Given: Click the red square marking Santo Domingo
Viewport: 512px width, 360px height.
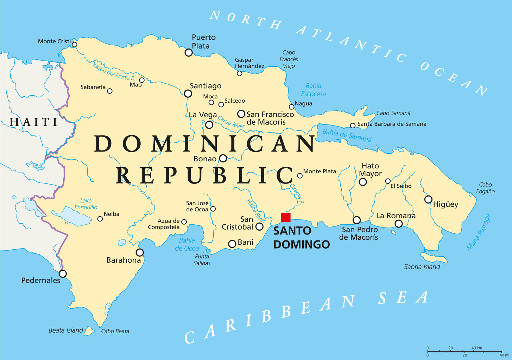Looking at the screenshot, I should tap(286, 217).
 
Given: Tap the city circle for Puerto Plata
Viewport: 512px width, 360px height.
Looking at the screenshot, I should tap(189, 53).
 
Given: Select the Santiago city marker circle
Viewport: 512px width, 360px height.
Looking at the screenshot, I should tap(188, 94).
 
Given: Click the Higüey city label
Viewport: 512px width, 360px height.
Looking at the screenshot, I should tap(445, 204).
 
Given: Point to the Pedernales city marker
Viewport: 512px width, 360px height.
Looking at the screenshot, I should tap(63, 274).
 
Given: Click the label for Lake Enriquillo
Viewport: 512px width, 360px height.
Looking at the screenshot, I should tap(86, 204).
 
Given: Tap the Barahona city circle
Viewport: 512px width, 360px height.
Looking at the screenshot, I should tap(140, 252).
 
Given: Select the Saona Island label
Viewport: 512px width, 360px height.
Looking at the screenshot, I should tap(422, 267).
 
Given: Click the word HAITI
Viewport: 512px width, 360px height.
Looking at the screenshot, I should tap(33, 122).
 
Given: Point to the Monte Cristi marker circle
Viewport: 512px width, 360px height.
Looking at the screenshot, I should tap(74, 45).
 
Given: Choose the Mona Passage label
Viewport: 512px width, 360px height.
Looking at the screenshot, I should tap(479, 232).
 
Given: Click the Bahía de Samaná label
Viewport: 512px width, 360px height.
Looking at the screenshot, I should tap(347, 135).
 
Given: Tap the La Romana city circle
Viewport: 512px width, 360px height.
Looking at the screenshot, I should tap(398, 224).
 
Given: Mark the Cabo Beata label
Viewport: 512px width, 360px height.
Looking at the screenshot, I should tap(115, 331).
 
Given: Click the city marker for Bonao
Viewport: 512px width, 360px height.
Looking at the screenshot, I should tap(223, 158).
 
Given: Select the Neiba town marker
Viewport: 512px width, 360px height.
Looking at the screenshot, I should tap(100, 219).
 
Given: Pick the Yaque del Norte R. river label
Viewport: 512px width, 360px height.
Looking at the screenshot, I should tap(114, 71).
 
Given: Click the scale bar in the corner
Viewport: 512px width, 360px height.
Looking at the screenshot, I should tap(464, 351).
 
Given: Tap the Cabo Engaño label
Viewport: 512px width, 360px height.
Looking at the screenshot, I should tap(485, 188).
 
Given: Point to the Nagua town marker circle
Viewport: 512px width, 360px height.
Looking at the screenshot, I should tap(291, 107).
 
